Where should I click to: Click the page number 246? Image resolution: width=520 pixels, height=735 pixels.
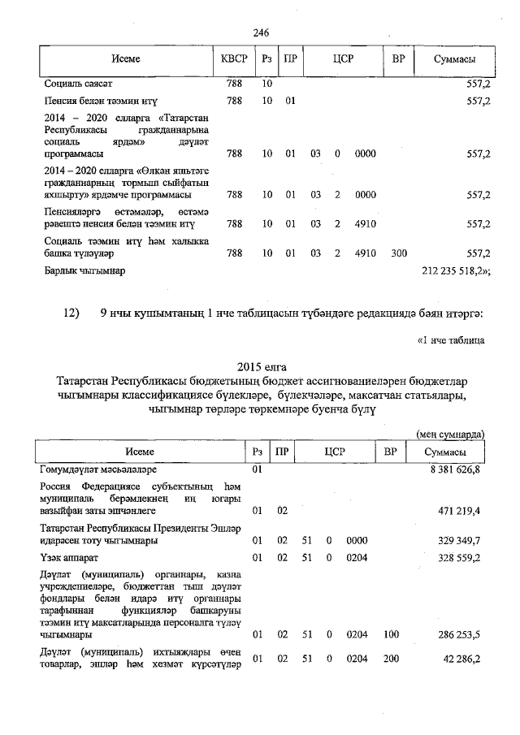[261, 32]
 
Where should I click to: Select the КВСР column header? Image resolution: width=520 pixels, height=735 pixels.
[234, 60]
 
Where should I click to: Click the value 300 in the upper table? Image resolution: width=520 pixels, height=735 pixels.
[398, 253]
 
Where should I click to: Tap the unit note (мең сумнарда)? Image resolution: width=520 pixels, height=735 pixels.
[450, 435]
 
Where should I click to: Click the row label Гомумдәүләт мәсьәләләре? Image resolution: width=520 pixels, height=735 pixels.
[98, 469]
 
